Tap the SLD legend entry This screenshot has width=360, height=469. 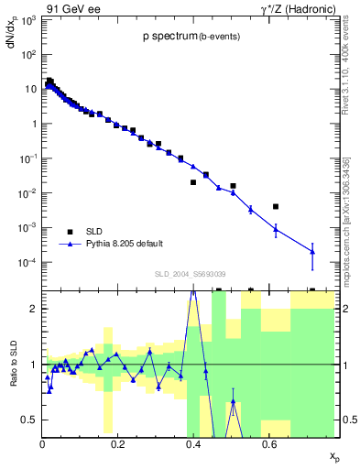(94, 231)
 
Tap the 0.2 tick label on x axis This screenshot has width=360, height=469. (117, 444)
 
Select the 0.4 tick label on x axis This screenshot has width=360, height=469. (192, 444)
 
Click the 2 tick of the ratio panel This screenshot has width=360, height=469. (35, 309)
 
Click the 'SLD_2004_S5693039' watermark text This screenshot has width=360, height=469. (191, 274)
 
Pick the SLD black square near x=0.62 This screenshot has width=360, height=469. (276, 207)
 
